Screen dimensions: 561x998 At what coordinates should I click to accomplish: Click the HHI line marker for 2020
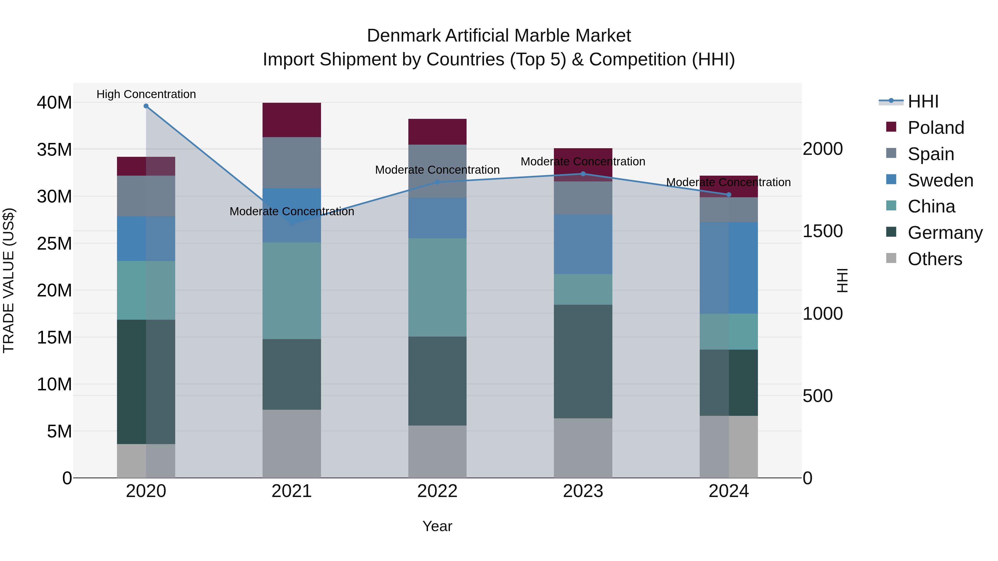pos(146,106)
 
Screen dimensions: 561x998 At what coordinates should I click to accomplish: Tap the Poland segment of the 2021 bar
pos(292,120)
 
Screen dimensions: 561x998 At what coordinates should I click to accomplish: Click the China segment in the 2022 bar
pos(437,287)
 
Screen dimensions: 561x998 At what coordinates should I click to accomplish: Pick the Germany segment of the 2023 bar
pos(583,361)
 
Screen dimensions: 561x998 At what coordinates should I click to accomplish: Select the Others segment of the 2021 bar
pos(292,444)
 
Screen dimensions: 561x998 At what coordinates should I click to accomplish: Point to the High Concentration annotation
pos(146,94)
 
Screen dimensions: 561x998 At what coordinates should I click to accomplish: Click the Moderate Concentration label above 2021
pos(292,211)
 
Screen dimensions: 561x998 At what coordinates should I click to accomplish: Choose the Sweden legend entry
pos(940,180)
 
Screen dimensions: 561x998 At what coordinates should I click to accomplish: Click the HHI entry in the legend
pos(923,101)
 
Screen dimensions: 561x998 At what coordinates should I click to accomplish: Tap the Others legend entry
pos(935,259)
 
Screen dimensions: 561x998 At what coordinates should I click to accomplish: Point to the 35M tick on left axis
pos(54,149)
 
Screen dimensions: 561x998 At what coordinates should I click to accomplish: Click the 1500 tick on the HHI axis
pos(822,231)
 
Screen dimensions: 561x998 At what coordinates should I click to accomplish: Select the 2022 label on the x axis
pos(437,491)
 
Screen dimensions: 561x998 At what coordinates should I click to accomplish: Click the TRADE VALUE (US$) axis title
pos(9,280)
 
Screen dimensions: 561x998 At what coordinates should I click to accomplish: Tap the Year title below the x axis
pos(437,526)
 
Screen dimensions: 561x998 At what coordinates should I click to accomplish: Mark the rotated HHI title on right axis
pos(842,280)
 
